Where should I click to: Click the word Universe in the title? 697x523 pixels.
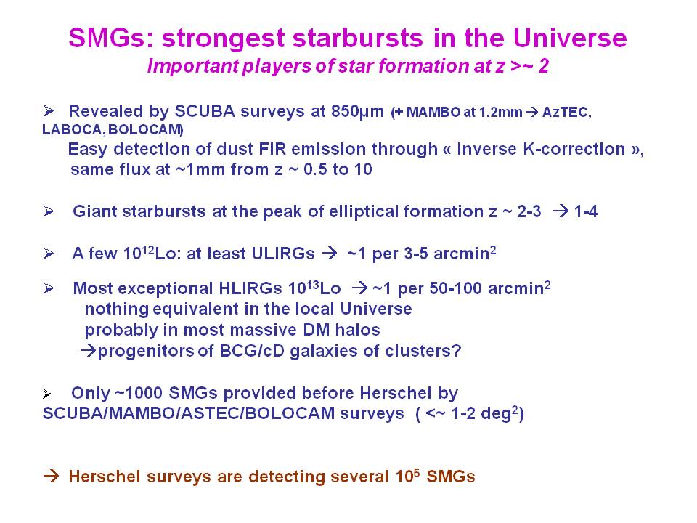coord(570,38)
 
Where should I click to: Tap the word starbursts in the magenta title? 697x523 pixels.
coord(358,38)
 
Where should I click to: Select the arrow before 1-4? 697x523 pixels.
coord(561,211)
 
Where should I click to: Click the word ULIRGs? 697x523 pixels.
coord(283,254)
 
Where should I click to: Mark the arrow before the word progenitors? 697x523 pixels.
coord(89,351)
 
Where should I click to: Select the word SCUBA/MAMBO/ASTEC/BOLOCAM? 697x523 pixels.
coord(189,413)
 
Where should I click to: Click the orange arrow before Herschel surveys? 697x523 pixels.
coord(51,477)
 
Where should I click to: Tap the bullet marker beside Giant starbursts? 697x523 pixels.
coord(49,211)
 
